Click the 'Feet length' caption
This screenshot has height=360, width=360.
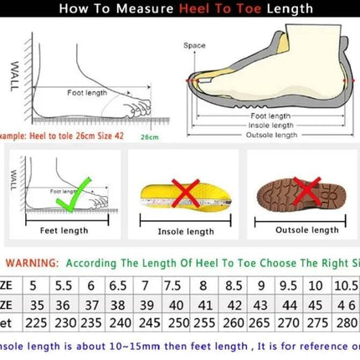tap(64, 229)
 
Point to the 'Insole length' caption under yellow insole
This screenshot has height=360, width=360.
tap(186, 231)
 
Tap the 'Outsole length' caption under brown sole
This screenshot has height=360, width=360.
tap(300, 230)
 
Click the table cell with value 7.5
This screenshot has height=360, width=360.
tap(174, 285)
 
